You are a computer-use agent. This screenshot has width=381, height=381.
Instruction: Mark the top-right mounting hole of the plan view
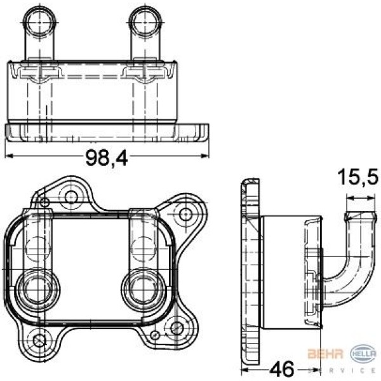pos(186,213)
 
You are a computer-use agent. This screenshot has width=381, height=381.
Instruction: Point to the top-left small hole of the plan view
pos(44,202)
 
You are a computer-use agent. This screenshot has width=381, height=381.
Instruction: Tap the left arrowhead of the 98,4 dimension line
pos(9,156)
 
